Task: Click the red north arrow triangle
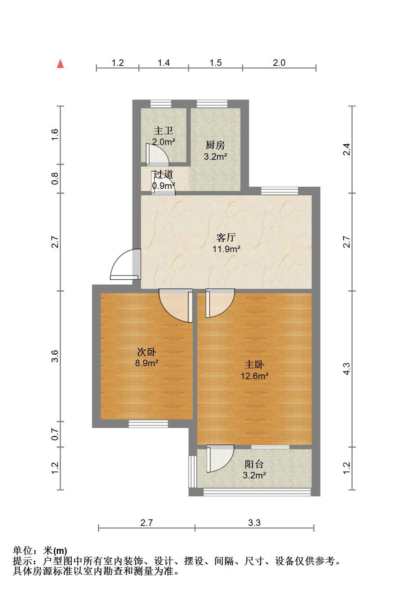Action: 61,64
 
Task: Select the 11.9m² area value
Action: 227,249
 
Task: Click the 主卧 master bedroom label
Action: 254,365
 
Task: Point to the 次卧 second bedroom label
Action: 147,352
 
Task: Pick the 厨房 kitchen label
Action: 215,145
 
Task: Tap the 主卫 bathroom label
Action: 164,131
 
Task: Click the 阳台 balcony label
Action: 254,464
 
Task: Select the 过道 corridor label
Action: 164,174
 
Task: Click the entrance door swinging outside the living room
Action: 125,264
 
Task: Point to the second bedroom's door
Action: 176,306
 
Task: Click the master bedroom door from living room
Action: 220,303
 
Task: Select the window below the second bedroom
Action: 148,424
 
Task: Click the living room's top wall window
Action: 279,191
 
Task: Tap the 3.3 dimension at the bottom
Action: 254,523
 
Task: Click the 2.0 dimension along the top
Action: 279,63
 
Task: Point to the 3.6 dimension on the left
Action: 55,356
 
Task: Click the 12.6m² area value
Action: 255,376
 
